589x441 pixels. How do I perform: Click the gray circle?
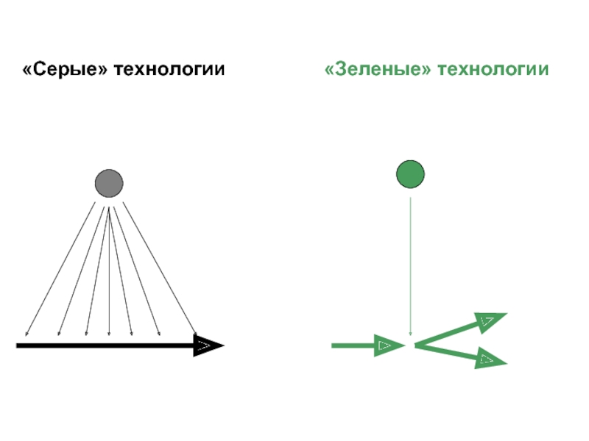109,183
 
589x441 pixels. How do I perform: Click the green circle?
410,174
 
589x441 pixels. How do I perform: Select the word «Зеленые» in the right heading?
377,70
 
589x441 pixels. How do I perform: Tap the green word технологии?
493,70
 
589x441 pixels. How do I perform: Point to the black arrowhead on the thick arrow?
207,345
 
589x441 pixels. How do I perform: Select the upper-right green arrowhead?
490,320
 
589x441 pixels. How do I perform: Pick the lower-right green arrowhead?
489,359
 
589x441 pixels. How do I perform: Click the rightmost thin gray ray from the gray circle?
158,268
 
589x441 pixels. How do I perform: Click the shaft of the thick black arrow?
103,345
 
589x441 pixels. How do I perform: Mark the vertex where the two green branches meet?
416,344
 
